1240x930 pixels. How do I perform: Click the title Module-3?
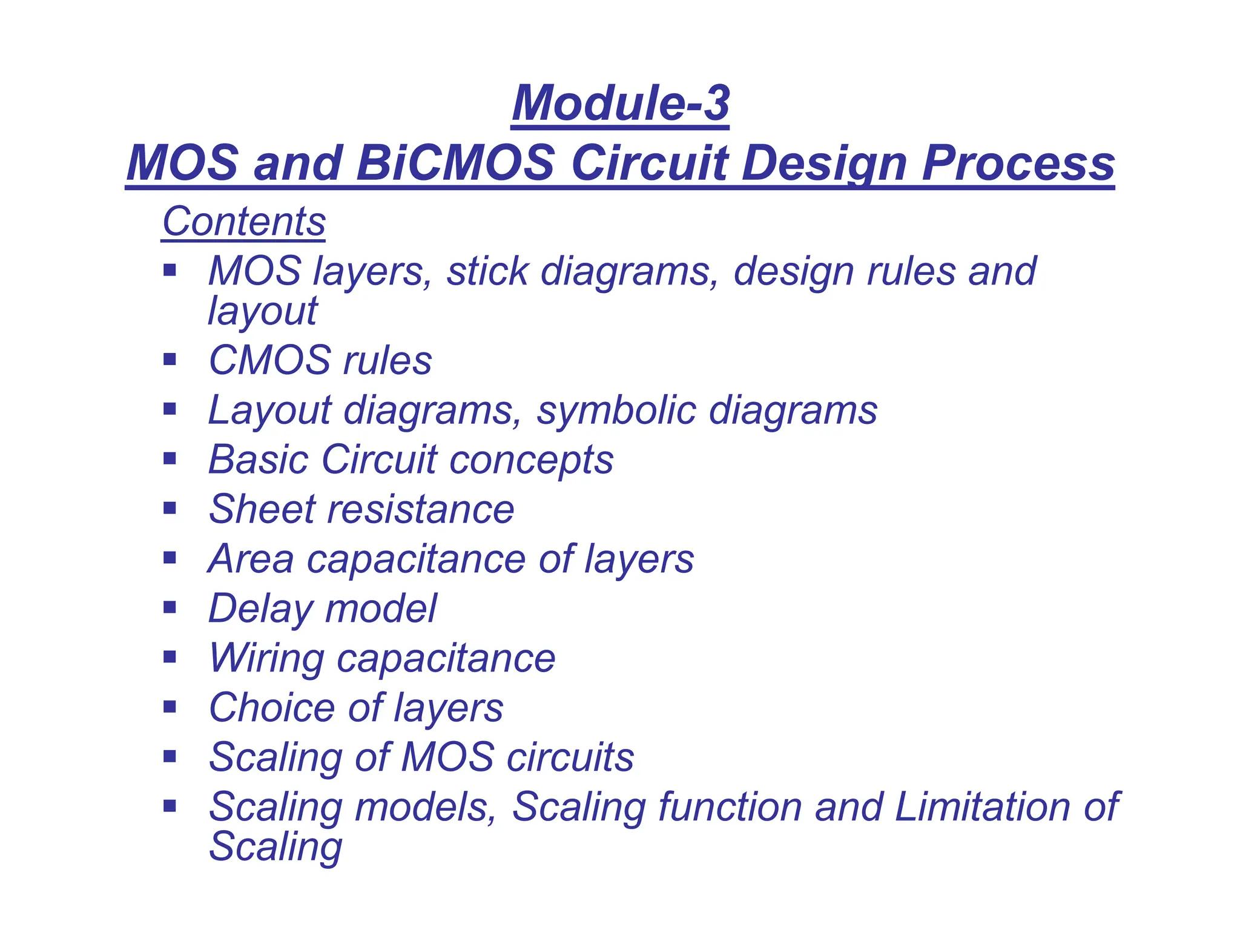coord(621,103)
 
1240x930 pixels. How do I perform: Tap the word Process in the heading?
coord(1018,163)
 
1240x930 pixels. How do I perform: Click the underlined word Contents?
coord(244,222)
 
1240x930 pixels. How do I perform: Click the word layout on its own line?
coord(262,311)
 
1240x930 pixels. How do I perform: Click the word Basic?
coord(257,460)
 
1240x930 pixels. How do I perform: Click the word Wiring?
coord(266,658)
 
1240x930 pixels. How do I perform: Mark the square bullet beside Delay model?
coord(170,607)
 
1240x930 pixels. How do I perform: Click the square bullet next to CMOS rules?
coord(170,360)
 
